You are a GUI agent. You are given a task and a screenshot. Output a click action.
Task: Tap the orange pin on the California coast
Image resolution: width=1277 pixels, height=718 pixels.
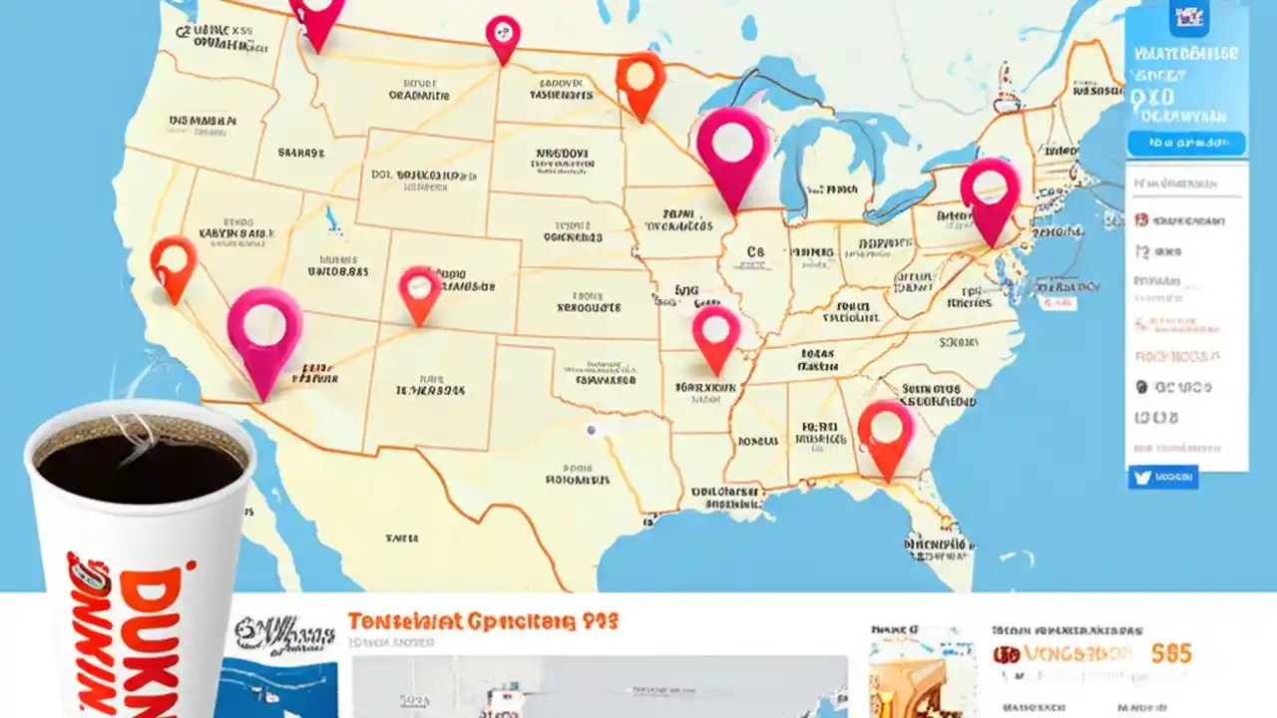pyautogui.click(x=174, y=261)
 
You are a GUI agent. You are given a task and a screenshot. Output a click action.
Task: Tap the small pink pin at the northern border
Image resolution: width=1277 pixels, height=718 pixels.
pyautogui.click(x=503, y=34)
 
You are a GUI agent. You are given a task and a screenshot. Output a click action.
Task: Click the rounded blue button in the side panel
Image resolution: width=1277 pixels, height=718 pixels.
pyautogui.click(x=1186, y=144)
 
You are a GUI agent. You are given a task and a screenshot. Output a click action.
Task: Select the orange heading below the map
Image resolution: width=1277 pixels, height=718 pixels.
pyautogui.click(x=483, y=621)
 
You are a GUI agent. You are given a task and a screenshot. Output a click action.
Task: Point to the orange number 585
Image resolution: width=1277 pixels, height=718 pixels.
pyautogui.click(x=1170, y=653)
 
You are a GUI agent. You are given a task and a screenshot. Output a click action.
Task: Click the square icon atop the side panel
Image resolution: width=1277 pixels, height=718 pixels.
pyautogui.click(x=1188, y=17)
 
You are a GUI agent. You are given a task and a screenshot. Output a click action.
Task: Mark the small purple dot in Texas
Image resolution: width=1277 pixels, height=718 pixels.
pyautogui.click(x=592, y=430)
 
